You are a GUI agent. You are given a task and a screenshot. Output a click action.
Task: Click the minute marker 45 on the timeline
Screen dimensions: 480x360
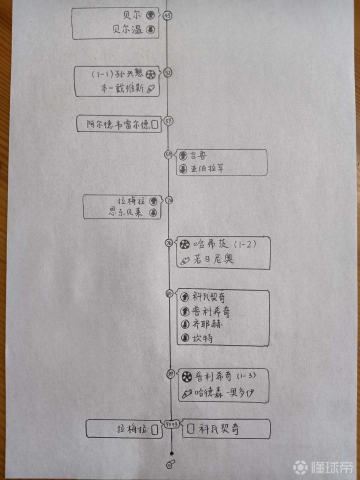click(x=167, y=15)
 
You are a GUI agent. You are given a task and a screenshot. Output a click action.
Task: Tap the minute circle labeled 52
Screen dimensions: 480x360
click(x=167, y=73)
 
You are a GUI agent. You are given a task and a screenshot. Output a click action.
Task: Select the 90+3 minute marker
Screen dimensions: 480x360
click(x=172, y=425)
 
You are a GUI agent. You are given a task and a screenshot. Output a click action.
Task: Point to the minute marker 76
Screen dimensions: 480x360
click(x=169, y=243)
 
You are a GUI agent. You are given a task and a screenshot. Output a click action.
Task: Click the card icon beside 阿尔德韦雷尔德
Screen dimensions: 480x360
click(x=155, y=124)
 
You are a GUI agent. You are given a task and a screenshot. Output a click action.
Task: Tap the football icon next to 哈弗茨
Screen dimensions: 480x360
click(x=184, y=244)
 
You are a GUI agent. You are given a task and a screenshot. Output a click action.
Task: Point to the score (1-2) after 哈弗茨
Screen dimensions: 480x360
click(x=245, y=244)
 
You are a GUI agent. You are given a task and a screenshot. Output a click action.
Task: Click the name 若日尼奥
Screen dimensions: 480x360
click(x=211, y=259)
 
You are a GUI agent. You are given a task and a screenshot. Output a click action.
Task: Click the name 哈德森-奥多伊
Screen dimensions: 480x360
click(x=224, y=393)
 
